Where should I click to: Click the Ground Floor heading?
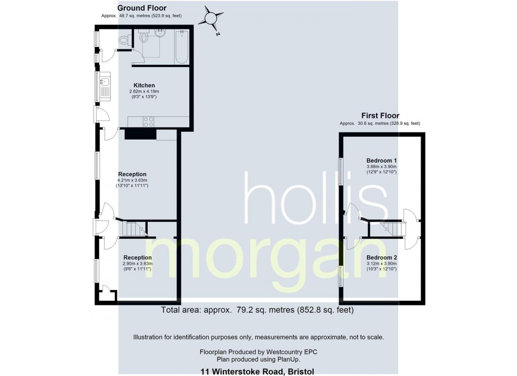pyautogui.click(x=141, y=8)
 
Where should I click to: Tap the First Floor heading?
pyautogui.click(x=380, y=115)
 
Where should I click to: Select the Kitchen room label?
pyautogui.click(x=144, y=85)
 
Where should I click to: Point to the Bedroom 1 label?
pyautogui.click(x=382, y=160)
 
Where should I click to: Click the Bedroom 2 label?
pyautogui.click(x=382, y=258)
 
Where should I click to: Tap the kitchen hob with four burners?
pyautogui.click(x=149, y=121)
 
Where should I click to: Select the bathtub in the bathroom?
pyautogui.click(x=181, y=47)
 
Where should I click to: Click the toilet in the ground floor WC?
pyautogui.click(x=124, y=40)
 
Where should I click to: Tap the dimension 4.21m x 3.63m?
pyautogui.click(x=132, y=180)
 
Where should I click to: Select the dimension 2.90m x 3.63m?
pyautogui.click(x=137, y=264)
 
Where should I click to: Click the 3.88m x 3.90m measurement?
pyautogui.click(x=382, y=166)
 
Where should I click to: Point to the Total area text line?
pyautogui.click(x=257, y=310)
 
